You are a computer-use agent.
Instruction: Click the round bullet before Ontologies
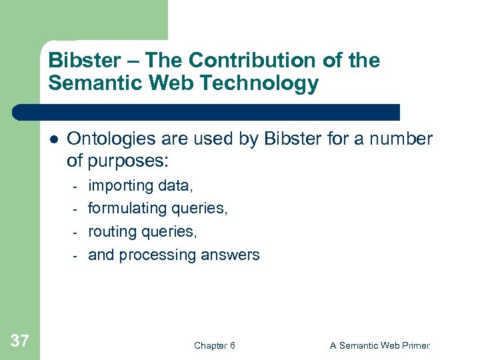pos(53,140)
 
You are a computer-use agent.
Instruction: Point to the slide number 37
pos(20,341)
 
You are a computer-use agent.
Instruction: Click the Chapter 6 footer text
pos(214,345)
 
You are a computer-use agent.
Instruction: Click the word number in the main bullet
pos(403,139)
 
